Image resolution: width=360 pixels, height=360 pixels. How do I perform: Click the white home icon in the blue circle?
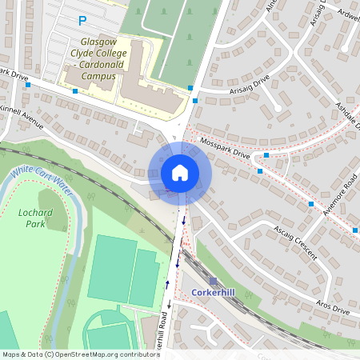pyautogui.click(x=179, y=173)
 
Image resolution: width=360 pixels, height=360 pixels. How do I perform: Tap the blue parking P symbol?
pyautogui.click(x=81, y=20)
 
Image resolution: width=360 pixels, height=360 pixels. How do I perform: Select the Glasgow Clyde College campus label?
pyautogui.click(x=98, y=59)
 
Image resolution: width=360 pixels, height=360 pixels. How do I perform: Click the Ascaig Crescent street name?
pyautogui.click(x=294, y=242)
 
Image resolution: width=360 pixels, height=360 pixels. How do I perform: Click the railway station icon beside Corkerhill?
pyautogui.click(x=213, y=281)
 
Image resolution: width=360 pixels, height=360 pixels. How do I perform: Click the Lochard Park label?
pyautogui.click(x=34, y=218)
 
